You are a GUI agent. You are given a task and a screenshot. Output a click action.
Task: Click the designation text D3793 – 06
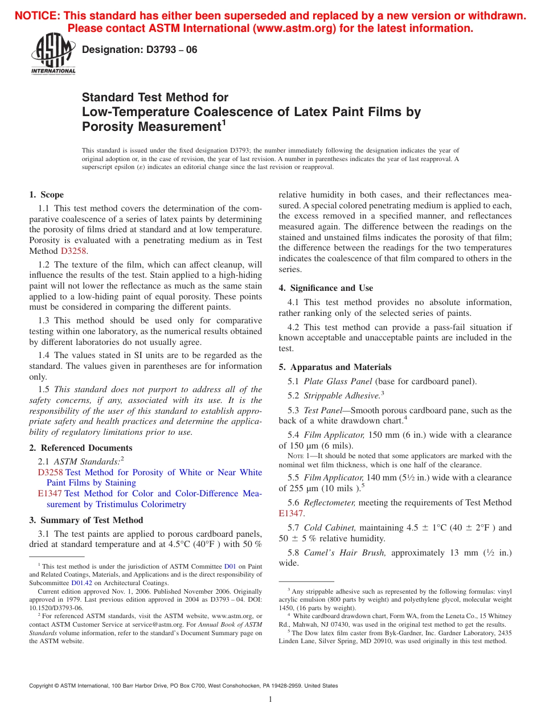click(x=140, y=50)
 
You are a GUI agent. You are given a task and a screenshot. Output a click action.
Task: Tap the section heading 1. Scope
click(x=47, y=195)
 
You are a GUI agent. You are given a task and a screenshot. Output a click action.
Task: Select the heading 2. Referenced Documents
click(x=81, y=448)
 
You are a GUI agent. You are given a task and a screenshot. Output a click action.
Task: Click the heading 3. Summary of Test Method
click(x=86, y=520)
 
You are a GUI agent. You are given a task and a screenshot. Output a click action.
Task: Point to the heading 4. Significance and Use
click(x=326, y=288)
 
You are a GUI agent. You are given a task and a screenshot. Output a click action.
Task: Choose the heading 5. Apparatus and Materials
click(x=335, y=367)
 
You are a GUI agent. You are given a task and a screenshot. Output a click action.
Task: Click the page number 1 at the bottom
click(x=270, y=700)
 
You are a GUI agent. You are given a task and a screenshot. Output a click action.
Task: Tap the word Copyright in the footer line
click(x=43, y=686)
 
